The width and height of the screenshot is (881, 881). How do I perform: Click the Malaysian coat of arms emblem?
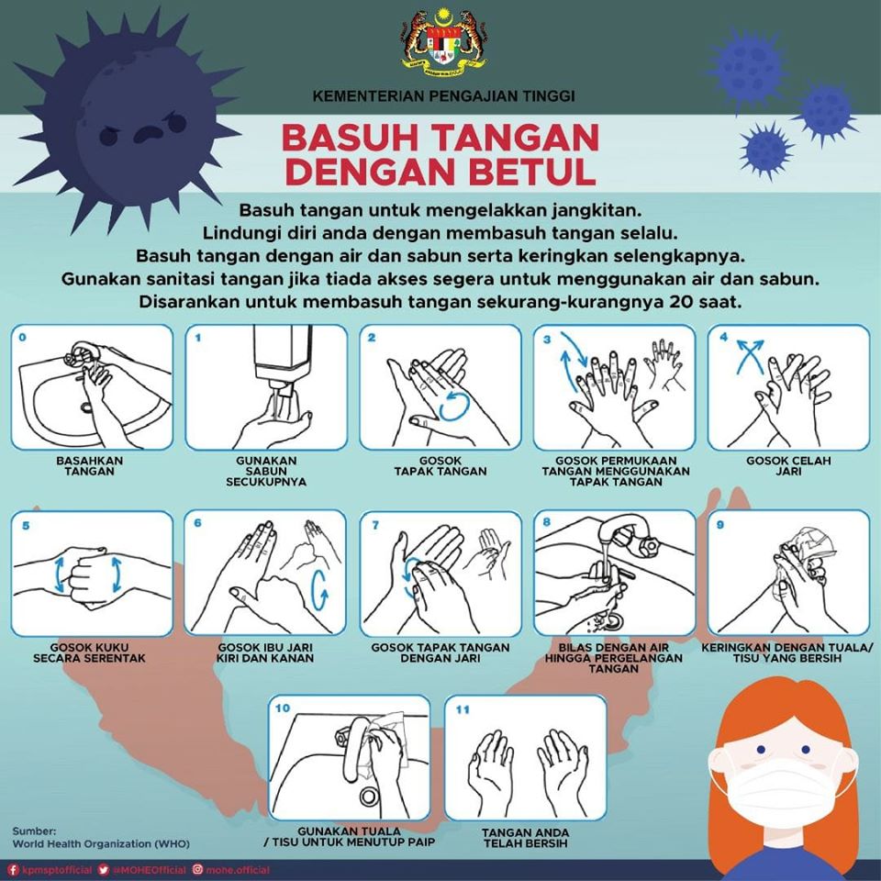tap(443, 43)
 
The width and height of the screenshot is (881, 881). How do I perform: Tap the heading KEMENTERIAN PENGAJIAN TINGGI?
tap(443, 96)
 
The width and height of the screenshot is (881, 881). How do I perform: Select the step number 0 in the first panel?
tap(22, 337)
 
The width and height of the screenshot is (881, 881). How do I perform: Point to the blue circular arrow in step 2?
tap(453, 407)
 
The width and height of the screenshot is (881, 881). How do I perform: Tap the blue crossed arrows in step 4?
tap(750, 356)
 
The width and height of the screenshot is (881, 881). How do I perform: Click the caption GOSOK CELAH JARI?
tap(788, 466)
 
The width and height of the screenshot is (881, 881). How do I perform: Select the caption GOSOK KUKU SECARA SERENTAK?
tap(89, 652)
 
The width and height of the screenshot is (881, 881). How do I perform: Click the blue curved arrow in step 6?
tap(319, 590)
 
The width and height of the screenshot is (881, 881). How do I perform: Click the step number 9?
tap(719, 525)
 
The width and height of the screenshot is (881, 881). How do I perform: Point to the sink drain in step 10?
tap(370, 796)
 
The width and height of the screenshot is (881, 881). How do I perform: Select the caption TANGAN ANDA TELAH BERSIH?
tap(525, 838)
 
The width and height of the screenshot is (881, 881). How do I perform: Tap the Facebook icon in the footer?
tap(14, 870)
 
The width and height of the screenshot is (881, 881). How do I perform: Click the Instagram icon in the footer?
tap(198, 870)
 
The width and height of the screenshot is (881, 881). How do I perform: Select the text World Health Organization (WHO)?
tap(101, 843)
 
